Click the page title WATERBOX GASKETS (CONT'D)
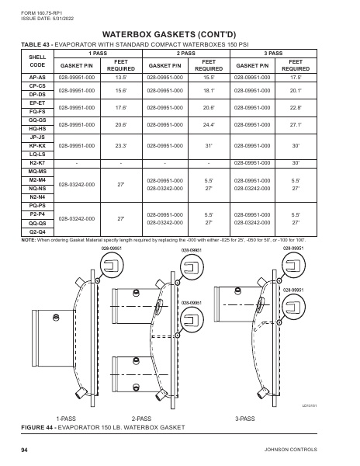pos(180,35)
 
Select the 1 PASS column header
pos(99,52)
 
